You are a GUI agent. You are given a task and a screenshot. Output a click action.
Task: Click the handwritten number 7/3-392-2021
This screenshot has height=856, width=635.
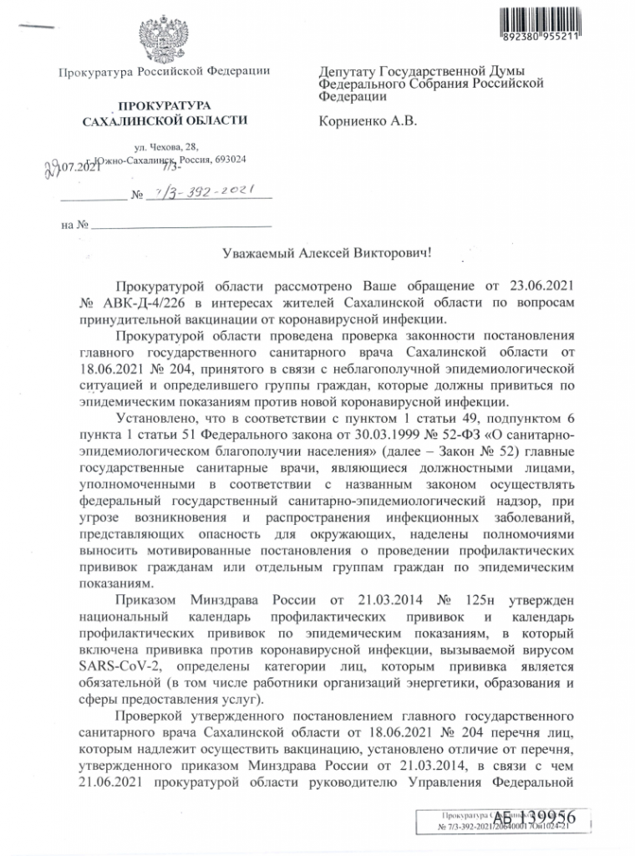198,195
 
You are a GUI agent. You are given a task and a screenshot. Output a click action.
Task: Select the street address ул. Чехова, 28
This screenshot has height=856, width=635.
165,147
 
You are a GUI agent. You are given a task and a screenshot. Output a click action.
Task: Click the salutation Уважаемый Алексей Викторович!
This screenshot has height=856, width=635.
316,250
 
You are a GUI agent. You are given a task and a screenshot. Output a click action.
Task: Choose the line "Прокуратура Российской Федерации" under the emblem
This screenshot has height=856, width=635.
164,72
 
